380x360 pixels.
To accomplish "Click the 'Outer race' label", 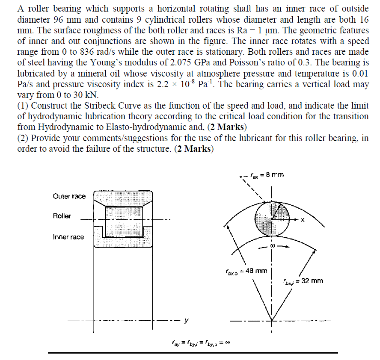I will point(69,196).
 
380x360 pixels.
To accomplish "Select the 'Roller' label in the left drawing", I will point(62,216).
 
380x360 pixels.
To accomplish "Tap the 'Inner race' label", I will point(68,236).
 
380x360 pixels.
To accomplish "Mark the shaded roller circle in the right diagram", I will point(272,218).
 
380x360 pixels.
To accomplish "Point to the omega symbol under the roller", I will point(272,247).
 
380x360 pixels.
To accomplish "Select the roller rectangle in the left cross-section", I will point(123,216).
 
